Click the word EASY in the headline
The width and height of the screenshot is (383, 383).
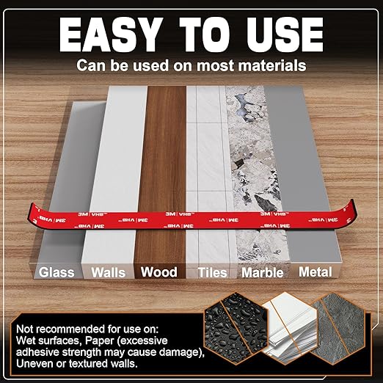coord(111,34)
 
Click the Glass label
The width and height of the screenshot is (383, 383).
coord(56,272)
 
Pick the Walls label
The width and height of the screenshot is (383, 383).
coord(109,272)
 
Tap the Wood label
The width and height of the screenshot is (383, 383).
coord(159,272)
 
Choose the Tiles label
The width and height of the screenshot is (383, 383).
coord(212,272)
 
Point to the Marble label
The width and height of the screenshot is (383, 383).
coord(263,272)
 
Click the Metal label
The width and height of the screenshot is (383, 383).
coord(315,272)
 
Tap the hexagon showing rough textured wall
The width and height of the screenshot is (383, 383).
coord(339,329)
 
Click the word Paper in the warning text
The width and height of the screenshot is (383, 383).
coord(100,340)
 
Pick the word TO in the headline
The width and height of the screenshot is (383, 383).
coord(203,34)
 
